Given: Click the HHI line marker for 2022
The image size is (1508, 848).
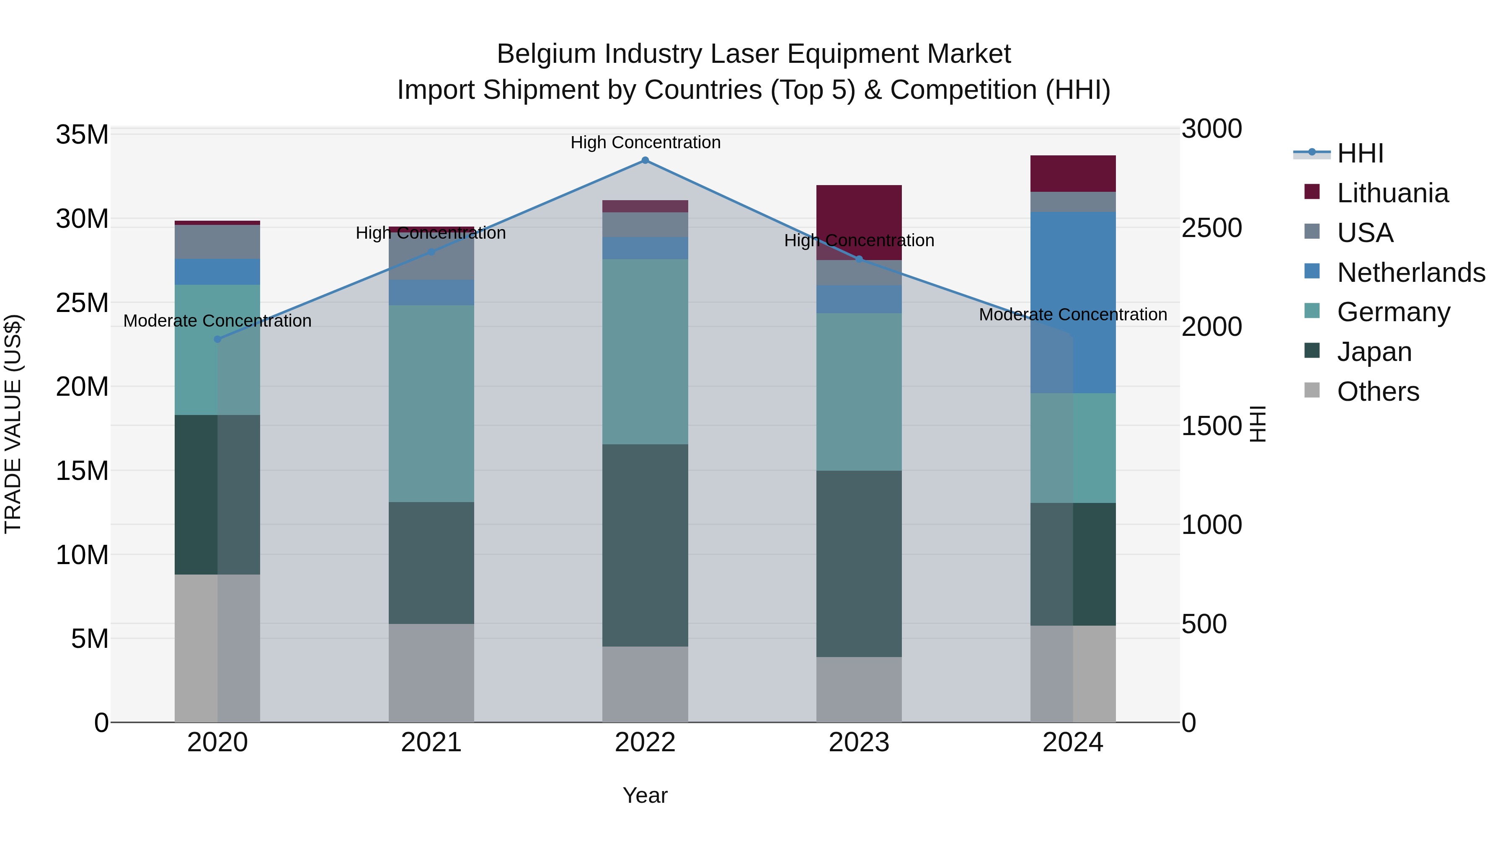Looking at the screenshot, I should tap(645, 160).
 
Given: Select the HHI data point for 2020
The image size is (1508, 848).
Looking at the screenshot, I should tap(218, 339).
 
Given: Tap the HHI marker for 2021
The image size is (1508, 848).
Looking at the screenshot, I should tap(431, 252).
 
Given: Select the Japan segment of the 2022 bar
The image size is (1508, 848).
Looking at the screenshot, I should tap(645, 545).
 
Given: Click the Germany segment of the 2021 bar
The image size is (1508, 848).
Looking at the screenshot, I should tap(431, 403).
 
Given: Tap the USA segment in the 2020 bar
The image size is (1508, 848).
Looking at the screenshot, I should tap(218, 242).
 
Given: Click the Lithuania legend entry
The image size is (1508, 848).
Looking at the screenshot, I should tap(1393, 193).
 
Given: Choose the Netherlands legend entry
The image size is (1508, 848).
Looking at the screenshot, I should tap(1411, 273).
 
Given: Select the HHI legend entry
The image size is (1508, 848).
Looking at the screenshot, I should tap(1360, 153).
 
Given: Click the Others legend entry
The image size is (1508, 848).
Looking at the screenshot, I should tap(1378, 392).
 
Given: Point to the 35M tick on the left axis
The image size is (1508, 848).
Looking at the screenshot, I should tap(82, 134).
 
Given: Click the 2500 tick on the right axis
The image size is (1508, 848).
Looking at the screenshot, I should tap(1211, 228).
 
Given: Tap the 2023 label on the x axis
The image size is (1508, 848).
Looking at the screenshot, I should tap(859, 742).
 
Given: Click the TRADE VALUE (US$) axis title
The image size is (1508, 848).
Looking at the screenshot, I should tap(13, 424).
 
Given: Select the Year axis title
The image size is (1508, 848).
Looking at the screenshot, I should tap(645, 795).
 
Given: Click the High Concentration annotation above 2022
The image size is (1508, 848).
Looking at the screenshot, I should tap(645, 142).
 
